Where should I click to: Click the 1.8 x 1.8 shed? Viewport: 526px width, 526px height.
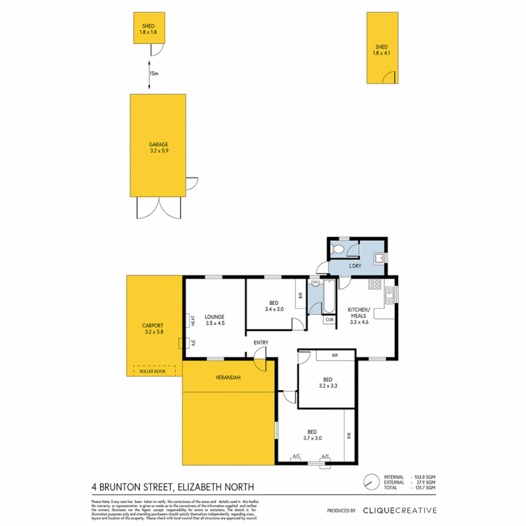point(149,28)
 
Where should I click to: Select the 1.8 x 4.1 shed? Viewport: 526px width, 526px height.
point(382,47)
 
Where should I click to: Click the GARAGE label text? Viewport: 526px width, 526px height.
point(158,144)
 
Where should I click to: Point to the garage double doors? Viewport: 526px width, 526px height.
point(158,208)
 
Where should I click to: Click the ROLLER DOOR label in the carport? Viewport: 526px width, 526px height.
point(152,371)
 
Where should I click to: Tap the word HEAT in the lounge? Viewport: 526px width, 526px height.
point(193,320)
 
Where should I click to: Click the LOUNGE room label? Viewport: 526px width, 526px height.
point(214,316)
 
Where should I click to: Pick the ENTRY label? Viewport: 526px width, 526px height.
point(261,343)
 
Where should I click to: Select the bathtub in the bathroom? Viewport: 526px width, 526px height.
point(329,297)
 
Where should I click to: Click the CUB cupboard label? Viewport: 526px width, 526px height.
point(329,320)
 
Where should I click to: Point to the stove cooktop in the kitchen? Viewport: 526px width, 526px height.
point(375,284)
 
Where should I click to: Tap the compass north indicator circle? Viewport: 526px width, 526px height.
point(371,482)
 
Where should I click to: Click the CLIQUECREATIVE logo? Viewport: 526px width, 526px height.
point(400,510)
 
